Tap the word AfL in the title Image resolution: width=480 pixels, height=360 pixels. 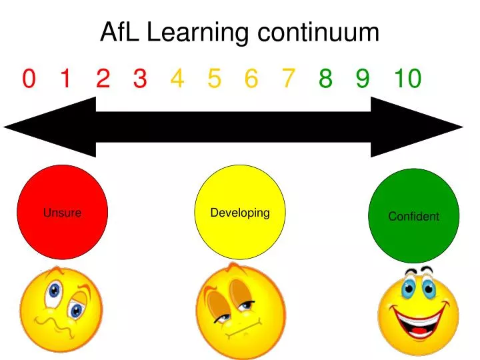[120, 31]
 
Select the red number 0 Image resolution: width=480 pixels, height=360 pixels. [28, 79]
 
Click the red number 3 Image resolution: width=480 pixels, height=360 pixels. [139, 79]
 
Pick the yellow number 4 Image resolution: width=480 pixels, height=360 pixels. [177, 79]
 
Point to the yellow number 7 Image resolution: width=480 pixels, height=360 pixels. [288, 79]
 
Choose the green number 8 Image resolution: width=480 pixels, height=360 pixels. [325, 79]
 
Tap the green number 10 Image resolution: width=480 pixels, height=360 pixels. [407, 79]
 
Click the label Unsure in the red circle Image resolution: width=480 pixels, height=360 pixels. [62, 213]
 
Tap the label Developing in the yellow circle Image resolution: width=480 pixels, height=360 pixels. [240, 213]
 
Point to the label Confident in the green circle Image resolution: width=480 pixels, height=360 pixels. [414, 216]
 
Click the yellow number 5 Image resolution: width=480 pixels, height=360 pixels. [214, 79]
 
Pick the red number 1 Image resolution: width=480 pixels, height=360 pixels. [65, 79]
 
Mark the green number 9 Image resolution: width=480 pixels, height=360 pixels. [362, 79]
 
